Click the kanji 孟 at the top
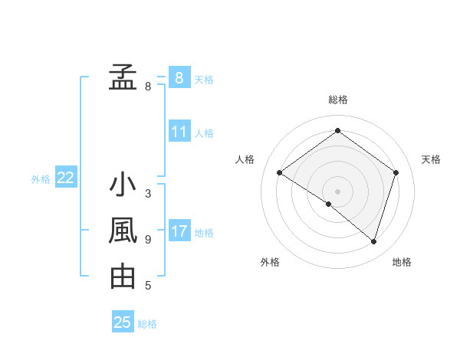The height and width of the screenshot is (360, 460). coord(123,77)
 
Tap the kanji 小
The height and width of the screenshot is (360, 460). coord(123,185)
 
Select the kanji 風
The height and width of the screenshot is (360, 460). coord(123,231)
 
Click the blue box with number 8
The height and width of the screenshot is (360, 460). coord(179,78)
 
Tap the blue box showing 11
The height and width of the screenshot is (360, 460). coord(179,132)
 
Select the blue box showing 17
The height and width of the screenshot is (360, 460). coord(179,231)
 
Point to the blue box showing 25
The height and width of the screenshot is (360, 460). coord(123,322)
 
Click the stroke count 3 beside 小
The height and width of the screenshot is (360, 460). coord(148,194)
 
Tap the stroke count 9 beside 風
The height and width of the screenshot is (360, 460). coord(148,240)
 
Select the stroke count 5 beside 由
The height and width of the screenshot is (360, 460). coord(148,286)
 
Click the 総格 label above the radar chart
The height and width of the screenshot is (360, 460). coord(337,100)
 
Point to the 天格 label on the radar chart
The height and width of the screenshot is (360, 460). coord(432,159)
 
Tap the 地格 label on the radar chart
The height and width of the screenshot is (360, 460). coord(402,262)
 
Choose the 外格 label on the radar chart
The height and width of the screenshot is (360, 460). coord(270,262)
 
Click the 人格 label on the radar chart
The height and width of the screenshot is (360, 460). coord(245,159)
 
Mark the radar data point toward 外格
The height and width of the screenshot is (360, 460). coord(329,205)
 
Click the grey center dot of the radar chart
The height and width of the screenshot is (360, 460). coord(337,191)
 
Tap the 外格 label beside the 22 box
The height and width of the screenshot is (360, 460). coord(41,179)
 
